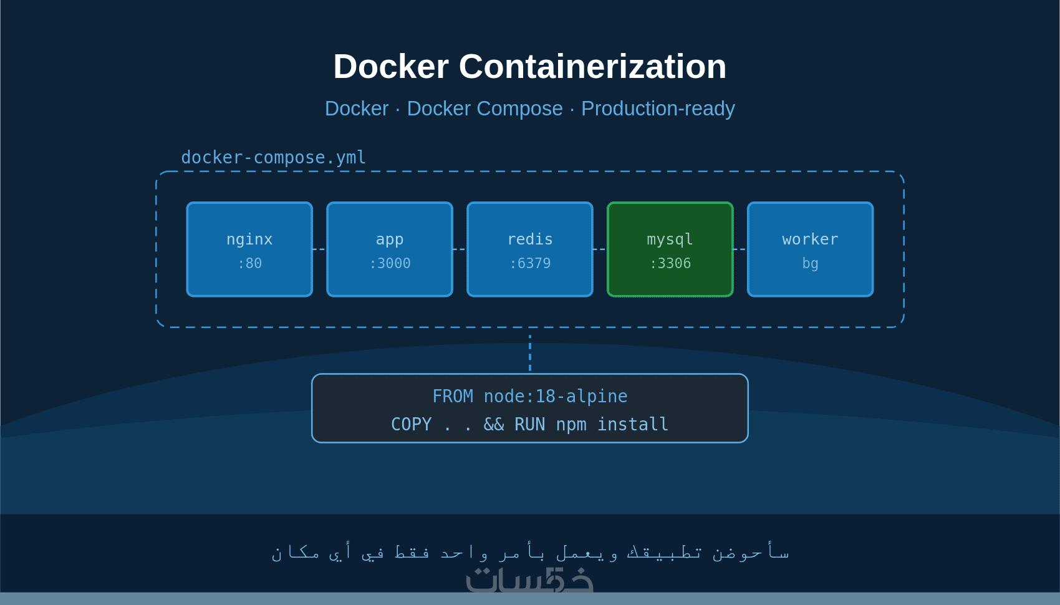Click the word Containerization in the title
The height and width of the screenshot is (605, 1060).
(592, 67)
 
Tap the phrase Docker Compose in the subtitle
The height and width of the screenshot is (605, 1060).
(484, 109)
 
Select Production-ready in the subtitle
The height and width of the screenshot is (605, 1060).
(658, 109)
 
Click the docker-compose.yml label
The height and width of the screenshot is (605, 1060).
(273, 157)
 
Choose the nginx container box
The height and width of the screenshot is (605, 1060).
(249, 249)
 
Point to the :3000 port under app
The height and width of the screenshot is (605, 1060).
(390, 263)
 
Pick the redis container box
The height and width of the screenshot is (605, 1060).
(530, 249)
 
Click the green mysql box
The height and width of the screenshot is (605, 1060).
(670, 249)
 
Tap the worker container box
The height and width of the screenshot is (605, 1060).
(810, 249)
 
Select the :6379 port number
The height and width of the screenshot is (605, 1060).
(530, 263)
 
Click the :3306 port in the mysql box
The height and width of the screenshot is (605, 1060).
(670, 263)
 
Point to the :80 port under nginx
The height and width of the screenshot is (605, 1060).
(249, 263)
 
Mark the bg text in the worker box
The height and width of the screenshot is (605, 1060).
(810, 263)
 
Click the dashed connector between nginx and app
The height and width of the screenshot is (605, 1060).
(319, 249)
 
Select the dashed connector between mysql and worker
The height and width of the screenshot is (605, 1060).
(740, 249)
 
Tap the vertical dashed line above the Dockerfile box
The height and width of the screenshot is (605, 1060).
(530, 353)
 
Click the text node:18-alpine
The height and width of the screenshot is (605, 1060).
(556, 396)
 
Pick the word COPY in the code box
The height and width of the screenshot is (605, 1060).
(411, 424)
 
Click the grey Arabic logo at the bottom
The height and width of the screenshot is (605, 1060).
(529, 580)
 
